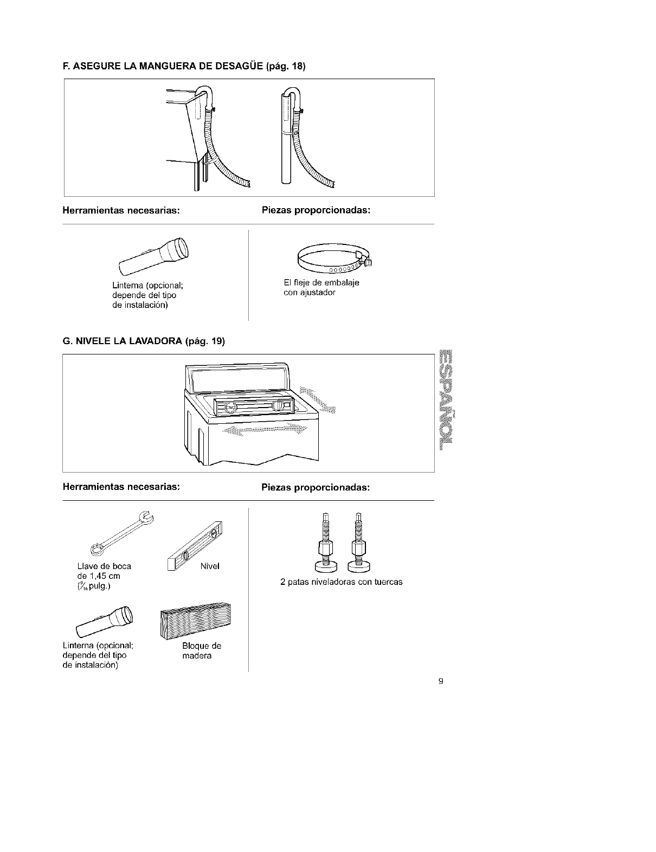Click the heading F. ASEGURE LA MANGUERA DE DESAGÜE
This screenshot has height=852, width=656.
[x=184, y=67]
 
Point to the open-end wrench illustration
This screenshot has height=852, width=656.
[x=121, y=533]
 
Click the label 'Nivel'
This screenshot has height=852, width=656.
[x=209, y=566]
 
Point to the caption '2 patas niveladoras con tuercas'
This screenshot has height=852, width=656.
[x=341, y=582]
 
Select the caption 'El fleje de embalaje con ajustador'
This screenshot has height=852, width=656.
[x=321, y=288]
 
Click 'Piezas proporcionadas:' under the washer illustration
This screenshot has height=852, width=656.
[x=316, y=488]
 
